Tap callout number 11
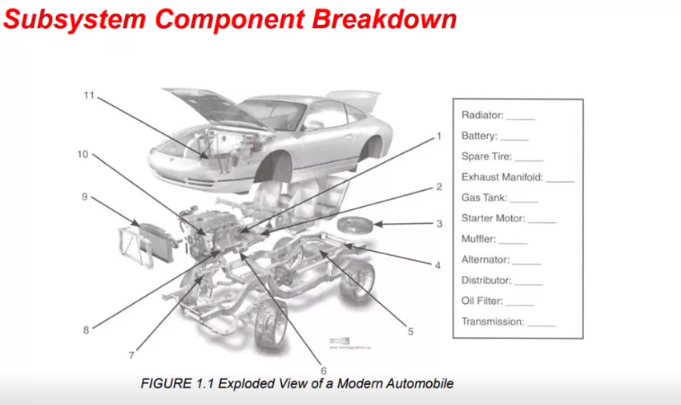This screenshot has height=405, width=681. (90, 95)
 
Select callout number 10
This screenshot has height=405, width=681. (83, 154)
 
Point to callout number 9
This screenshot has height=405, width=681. (84, 196)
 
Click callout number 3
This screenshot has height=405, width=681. (439, 224)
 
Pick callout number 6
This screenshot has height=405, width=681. (324, 371)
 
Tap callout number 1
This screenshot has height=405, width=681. (439, 136)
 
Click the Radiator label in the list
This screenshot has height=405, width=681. (481, 115)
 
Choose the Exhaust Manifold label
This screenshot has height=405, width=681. (502, 176)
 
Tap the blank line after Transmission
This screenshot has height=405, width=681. (541, 322)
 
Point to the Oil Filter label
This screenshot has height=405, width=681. (482, 302)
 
